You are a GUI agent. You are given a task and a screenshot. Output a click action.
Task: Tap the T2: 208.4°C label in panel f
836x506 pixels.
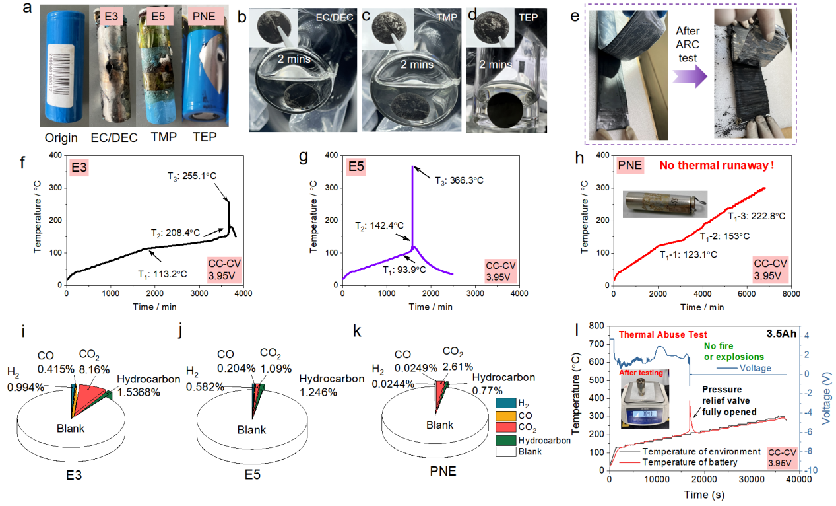tap(175, 233)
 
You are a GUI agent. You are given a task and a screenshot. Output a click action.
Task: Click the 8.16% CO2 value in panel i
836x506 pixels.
tap(94, 368)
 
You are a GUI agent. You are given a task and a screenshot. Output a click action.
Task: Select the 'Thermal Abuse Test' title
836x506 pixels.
tap(662, 336)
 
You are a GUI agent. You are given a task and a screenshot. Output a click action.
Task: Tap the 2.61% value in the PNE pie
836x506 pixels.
tap(454, 363)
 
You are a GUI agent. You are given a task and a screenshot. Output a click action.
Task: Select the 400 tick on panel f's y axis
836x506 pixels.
tap(55, 155)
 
